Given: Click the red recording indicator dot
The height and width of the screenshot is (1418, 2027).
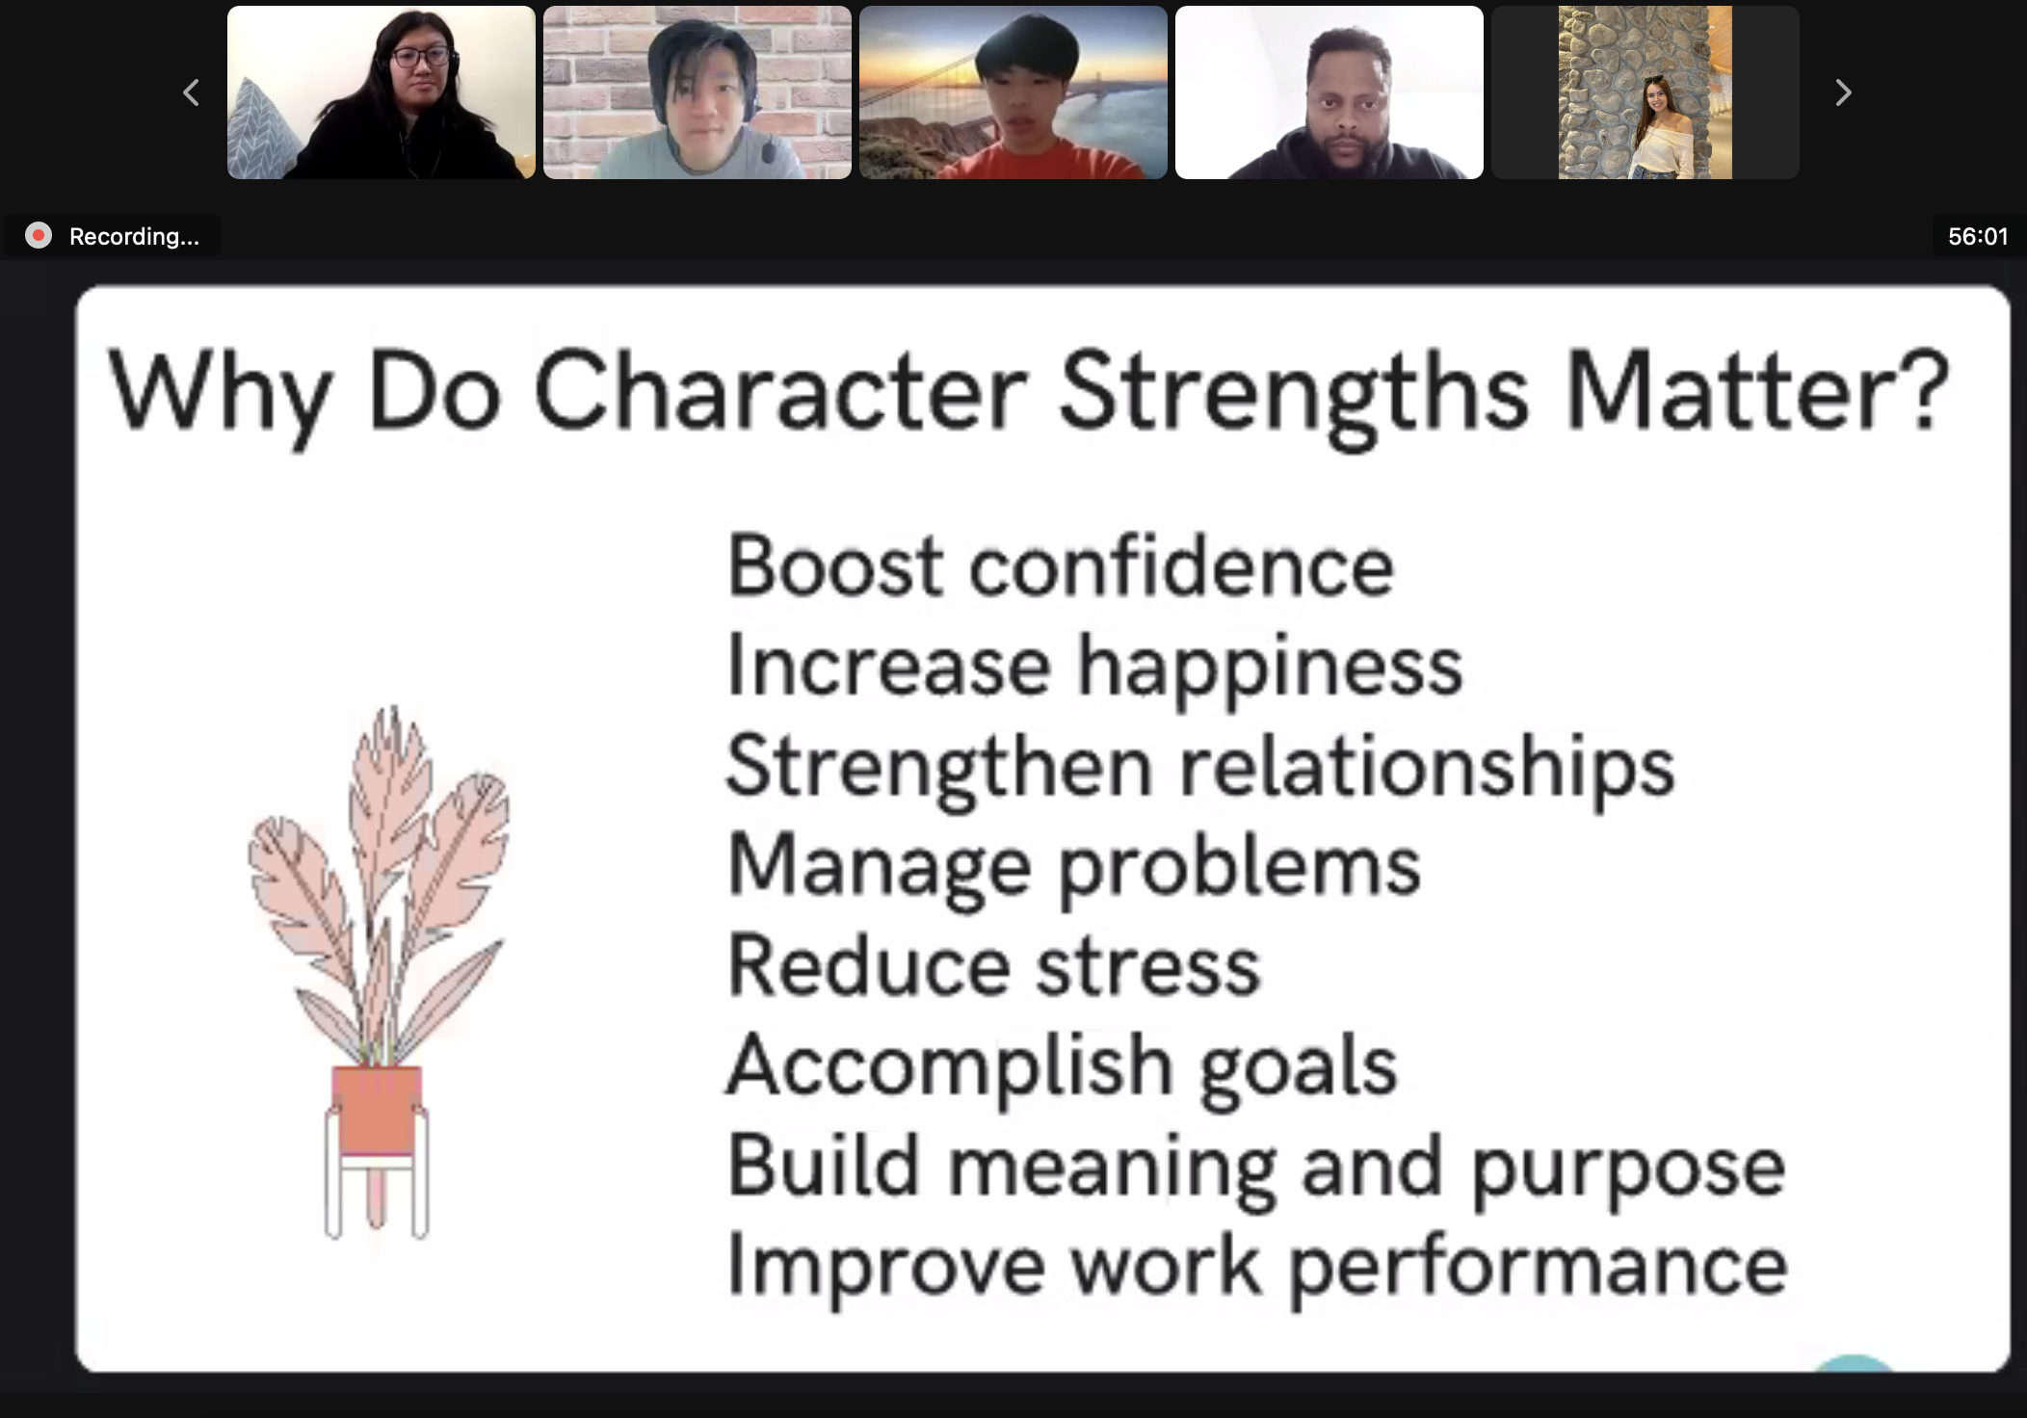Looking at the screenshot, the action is [39, 236].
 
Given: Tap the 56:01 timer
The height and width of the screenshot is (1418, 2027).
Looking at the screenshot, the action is [1978, 236].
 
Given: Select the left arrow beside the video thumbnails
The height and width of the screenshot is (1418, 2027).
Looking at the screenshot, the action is [191, 92].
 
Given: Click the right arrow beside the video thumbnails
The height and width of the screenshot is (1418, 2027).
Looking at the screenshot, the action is [1843, 92].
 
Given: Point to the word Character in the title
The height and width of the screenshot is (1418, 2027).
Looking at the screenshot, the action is [781, 391].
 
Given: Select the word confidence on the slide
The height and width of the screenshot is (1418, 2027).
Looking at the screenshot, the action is [1181, 565].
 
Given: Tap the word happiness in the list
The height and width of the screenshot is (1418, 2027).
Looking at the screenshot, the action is [1270, 668].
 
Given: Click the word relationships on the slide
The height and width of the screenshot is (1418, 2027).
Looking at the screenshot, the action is [1427, 768].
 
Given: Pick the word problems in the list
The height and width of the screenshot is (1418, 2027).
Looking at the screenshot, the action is [1240, 867].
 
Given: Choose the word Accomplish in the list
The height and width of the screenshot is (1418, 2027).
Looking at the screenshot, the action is [948, 1067].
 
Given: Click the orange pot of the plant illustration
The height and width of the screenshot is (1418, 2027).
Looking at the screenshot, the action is [377, 1111].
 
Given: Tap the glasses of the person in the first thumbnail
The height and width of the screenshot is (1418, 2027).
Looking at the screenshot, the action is [422, 57].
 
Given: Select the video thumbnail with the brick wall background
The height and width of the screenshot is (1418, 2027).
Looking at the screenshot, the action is [698, 92].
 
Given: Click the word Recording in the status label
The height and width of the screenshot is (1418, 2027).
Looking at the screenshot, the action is [134, 236].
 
